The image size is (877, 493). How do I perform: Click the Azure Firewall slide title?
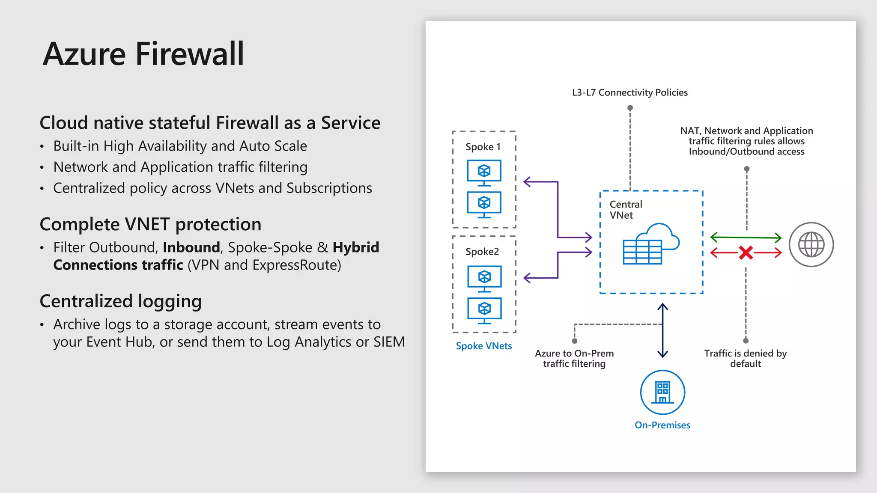click(143, 54)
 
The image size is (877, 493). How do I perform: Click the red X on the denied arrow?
click(746, 252)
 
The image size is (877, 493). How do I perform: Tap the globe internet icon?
click(811, 245)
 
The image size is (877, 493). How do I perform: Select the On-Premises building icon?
click(662, 392)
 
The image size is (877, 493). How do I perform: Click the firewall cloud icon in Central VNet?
click(651, 245)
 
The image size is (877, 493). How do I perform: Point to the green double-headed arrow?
click(746, 237)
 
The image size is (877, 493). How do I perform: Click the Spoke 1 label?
click(483, 147)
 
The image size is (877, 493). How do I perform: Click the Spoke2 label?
click(482, 252)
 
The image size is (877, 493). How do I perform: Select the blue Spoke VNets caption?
click(483, 346)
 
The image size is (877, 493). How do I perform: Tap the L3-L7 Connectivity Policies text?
click(629, 92)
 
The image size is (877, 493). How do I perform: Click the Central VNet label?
click(625, 210)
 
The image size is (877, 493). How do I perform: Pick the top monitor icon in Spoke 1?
click(484, 173)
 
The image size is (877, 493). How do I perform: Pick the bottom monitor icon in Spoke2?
click(484, 311)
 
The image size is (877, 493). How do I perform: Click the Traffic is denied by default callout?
click(745, 358)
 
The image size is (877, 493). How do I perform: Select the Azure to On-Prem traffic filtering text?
click(574, 358)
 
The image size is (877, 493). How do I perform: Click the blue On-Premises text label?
click(662, 425)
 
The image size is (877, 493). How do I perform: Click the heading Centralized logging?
click(120, 301)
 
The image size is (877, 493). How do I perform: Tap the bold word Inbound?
click(191, 247)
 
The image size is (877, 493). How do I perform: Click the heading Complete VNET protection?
click(150, 224)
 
